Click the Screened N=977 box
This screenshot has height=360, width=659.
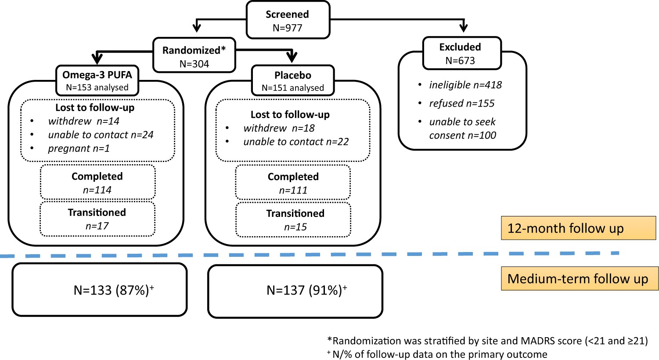pos(287,20)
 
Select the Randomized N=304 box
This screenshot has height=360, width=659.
pos(194,56)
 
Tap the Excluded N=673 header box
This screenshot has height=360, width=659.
pos(461,53)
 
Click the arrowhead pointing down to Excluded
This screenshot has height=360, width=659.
pos(464,27)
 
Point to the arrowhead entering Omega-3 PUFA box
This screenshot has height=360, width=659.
pos(97,58)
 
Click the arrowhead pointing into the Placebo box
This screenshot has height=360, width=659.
pos(292,57)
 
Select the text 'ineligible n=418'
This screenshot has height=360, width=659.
pos(465,85)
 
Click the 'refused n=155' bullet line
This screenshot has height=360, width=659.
pos(462,103)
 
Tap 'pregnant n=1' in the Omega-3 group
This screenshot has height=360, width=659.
pos(79,148)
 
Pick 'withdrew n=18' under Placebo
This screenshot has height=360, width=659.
pos(279,128)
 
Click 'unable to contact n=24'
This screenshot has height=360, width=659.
pos(101,135)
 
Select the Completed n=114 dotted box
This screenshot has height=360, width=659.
pos(97,183)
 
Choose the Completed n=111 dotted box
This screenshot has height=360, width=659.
pos(293,183)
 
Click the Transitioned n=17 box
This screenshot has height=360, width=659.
pos(97,219)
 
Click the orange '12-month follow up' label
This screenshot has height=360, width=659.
pos(578,228)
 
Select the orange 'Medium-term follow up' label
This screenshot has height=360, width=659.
pos(579,279)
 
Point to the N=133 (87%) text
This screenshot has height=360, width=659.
pos(113,290)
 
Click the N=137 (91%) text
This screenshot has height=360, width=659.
pos(306,290)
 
